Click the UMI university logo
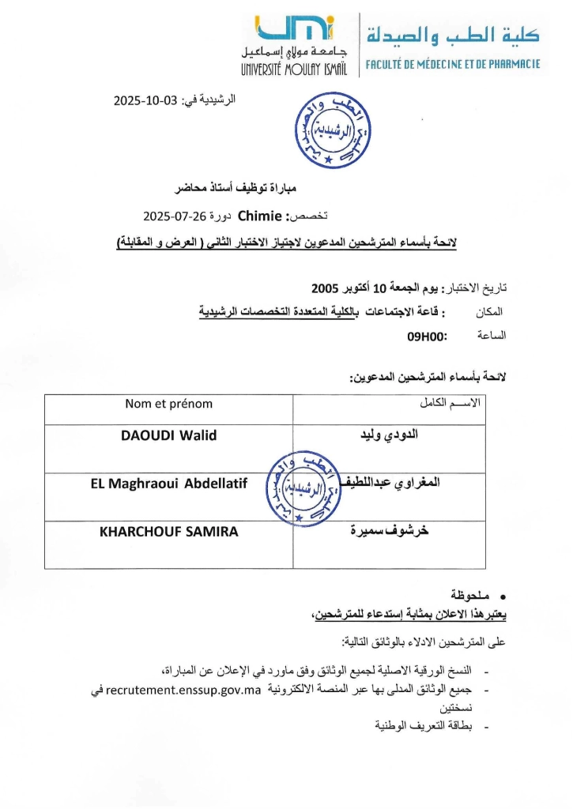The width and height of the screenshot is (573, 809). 294,31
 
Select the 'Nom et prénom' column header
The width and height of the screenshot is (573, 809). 168,404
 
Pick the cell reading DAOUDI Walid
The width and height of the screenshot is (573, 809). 168,435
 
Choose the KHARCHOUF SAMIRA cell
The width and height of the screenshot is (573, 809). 168,532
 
